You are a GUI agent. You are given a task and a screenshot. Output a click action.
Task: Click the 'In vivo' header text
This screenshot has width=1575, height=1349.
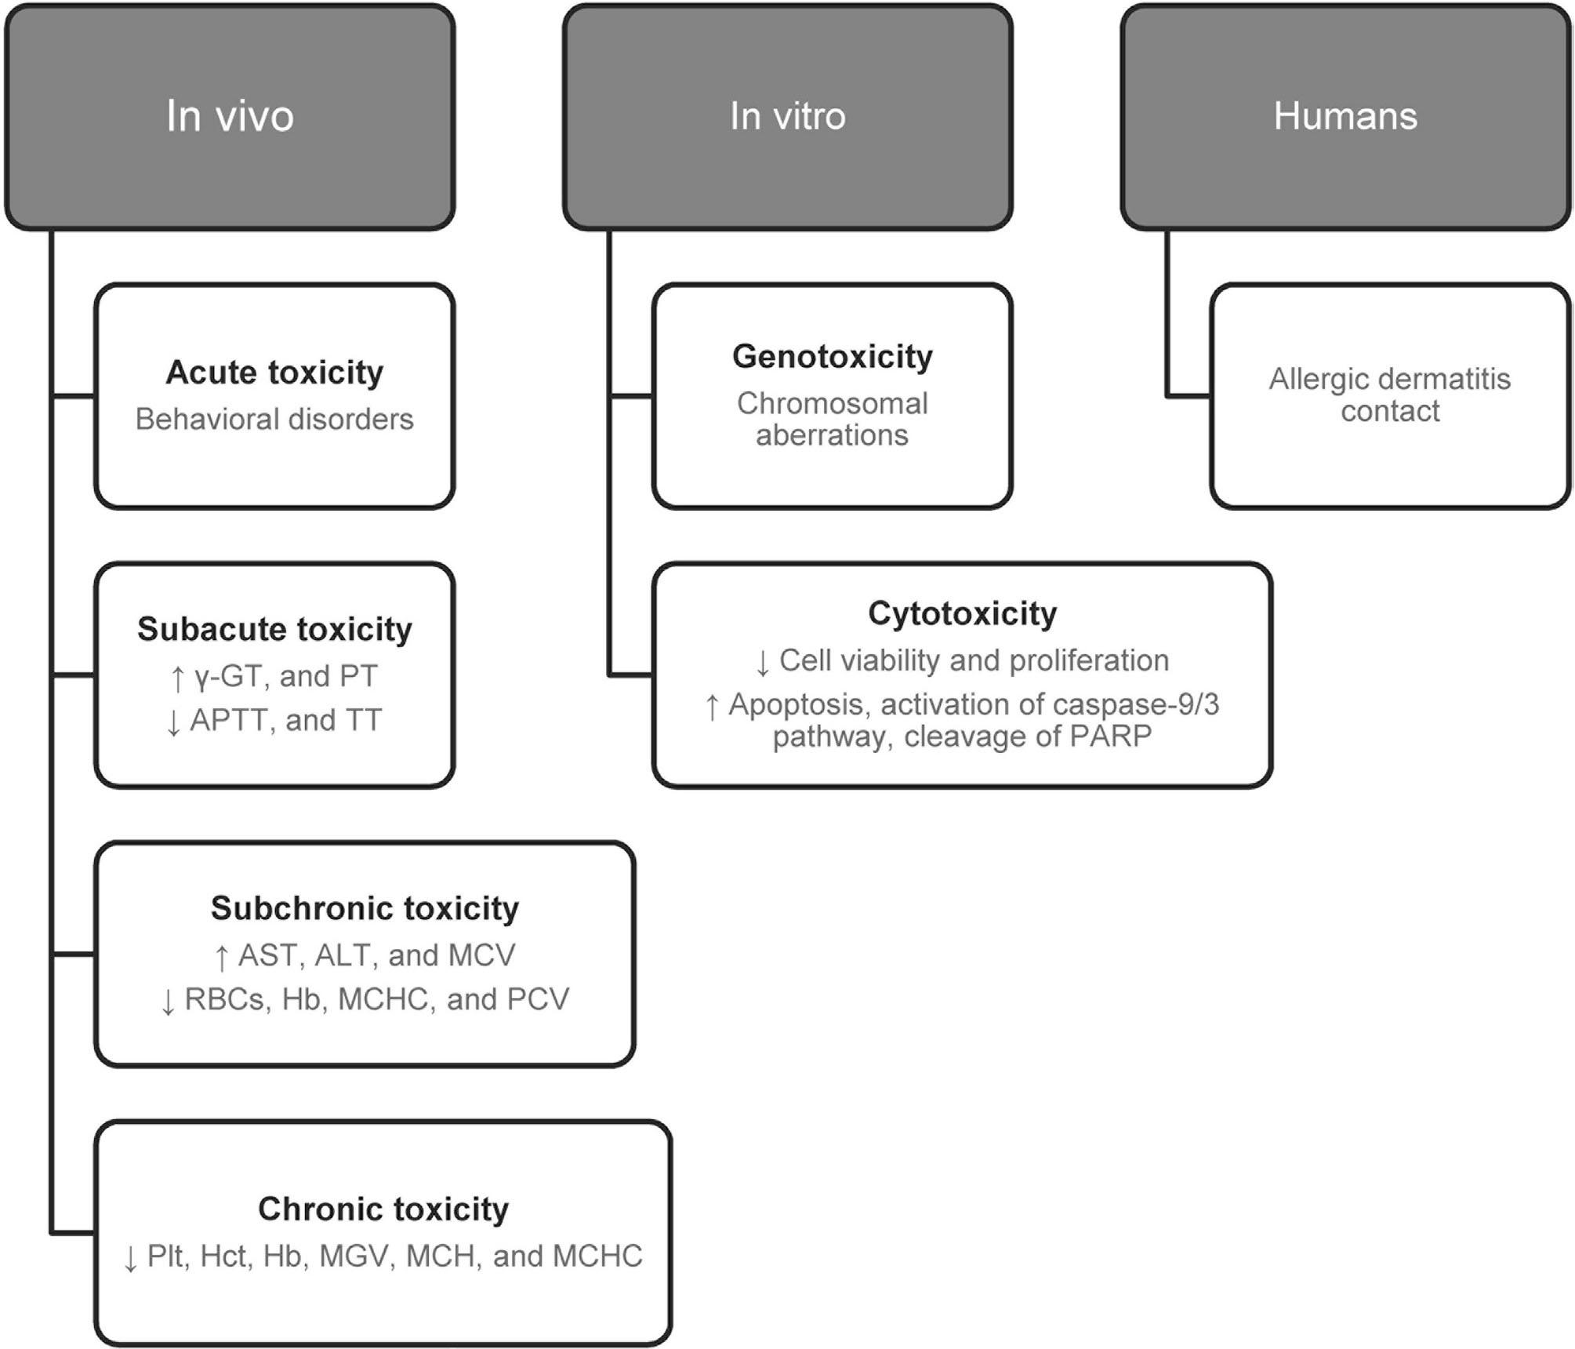[x=230, y=116]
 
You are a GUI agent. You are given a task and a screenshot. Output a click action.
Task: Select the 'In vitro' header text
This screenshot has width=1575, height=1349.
[x=787, y=116]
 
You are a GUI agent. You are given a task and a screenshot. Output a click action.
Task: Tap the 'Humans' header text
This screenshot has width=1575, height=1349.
[x=1345, y=116]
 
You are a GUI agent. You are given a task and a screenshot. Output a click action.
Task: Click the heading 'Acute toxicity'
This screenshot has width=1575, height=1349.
[x=274, y=373]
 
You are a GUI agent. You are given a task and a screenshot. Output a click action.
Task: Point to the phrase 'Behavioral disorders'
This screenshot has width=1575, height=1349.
[x=274, y=420]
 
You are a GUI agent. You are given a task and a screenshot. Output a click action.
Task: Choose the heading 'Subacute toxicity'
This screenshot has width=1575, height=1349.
[x=274, y=629]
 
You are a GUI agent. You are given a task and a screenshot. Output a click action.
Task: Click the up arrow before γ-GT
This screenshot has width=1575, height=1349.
[x=178, y=678]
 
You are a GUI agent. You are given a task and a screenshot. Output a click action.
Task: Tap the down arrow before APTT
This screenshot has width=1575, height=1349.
[x=174, y=722]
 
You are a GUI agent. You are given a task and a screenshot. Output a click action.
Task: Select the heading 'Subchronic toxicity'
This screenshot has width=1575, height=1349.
[x=365, y=908]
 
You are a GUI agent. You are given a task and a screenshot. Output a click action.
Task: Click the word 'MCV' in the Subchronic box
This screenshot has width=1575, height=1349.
[x=482, y=955]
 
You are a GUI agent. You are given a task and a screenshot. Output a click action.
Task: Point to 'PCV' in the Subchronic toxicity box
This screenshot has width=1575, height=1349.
[x=538, y=999]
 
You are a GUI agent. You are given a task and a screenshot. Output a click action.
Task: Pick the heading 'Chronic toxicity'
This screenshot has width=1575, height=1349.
[x=383, y=1209]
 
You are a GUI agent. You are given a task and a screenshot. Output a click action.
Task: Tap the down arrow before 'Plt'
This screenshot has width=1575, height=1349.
[x=131, y=1258]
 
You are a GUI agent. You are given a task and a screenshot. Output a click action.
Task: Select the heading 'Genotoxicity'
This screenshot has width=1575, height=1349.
[x=833, y=357]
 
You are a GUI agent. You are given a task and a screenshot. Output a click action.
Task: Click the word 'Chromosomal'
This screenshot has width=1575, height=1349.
[x=833, y=403]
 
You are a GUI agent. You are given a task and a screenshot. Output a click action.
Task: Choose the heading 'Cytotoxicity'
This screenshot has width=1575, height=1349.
[x=962, y=613]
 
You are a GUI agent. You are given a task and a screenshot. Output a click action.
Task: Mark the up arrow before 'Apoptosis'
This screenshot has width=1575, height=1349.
[x=712, y=707]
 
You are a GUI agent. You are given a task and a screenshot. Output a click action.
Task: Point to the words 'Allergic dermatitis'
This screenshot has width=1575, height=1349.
[x=1389, y=379]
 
